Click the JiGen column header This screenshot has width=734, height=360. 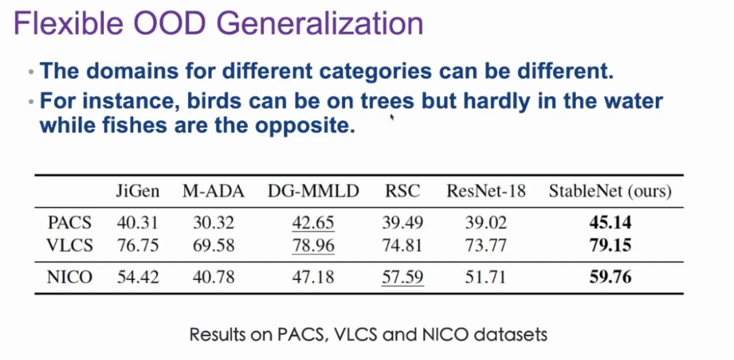[x=137, y=192]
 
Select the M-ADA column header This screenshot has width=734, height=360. [x=213, y=192]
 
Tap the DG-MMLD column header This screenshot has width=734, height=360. [x=313, y=192]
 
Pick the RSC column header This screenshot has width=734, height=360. [x=402, y=192]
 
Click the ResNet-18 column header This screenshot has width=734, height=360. [x=486, y=192]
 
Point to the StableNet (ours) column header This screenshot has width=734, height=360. [x=610, y=192]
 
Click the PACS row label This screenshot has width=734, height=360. [x=70, y=223]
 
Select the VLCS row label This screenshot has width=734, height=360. [x=70, y=245]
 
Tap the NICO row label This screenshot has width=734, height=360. [x=70, y=276]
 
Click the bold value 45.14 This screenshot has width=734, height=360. [x=610, y=223]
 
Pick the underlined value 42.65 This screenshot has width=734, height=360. [x=313, y=223]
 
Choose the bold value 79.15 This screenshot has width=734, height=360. [x=610, y=245]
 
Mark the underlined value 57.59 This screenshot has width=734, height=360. [x=402, y=276]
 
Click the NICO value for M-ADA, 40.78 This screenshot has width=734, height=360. [x=213, y=276]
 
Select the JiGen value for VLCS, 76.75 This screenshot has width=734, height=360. [x=137, y=245]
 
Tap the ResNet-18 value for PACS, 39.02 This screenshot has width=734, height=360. [x=486, y=223]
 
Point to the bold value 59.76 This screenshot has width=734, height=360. [x=610, y=276]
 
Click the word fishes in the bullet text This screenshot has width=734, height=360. [x=129, y=126]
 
